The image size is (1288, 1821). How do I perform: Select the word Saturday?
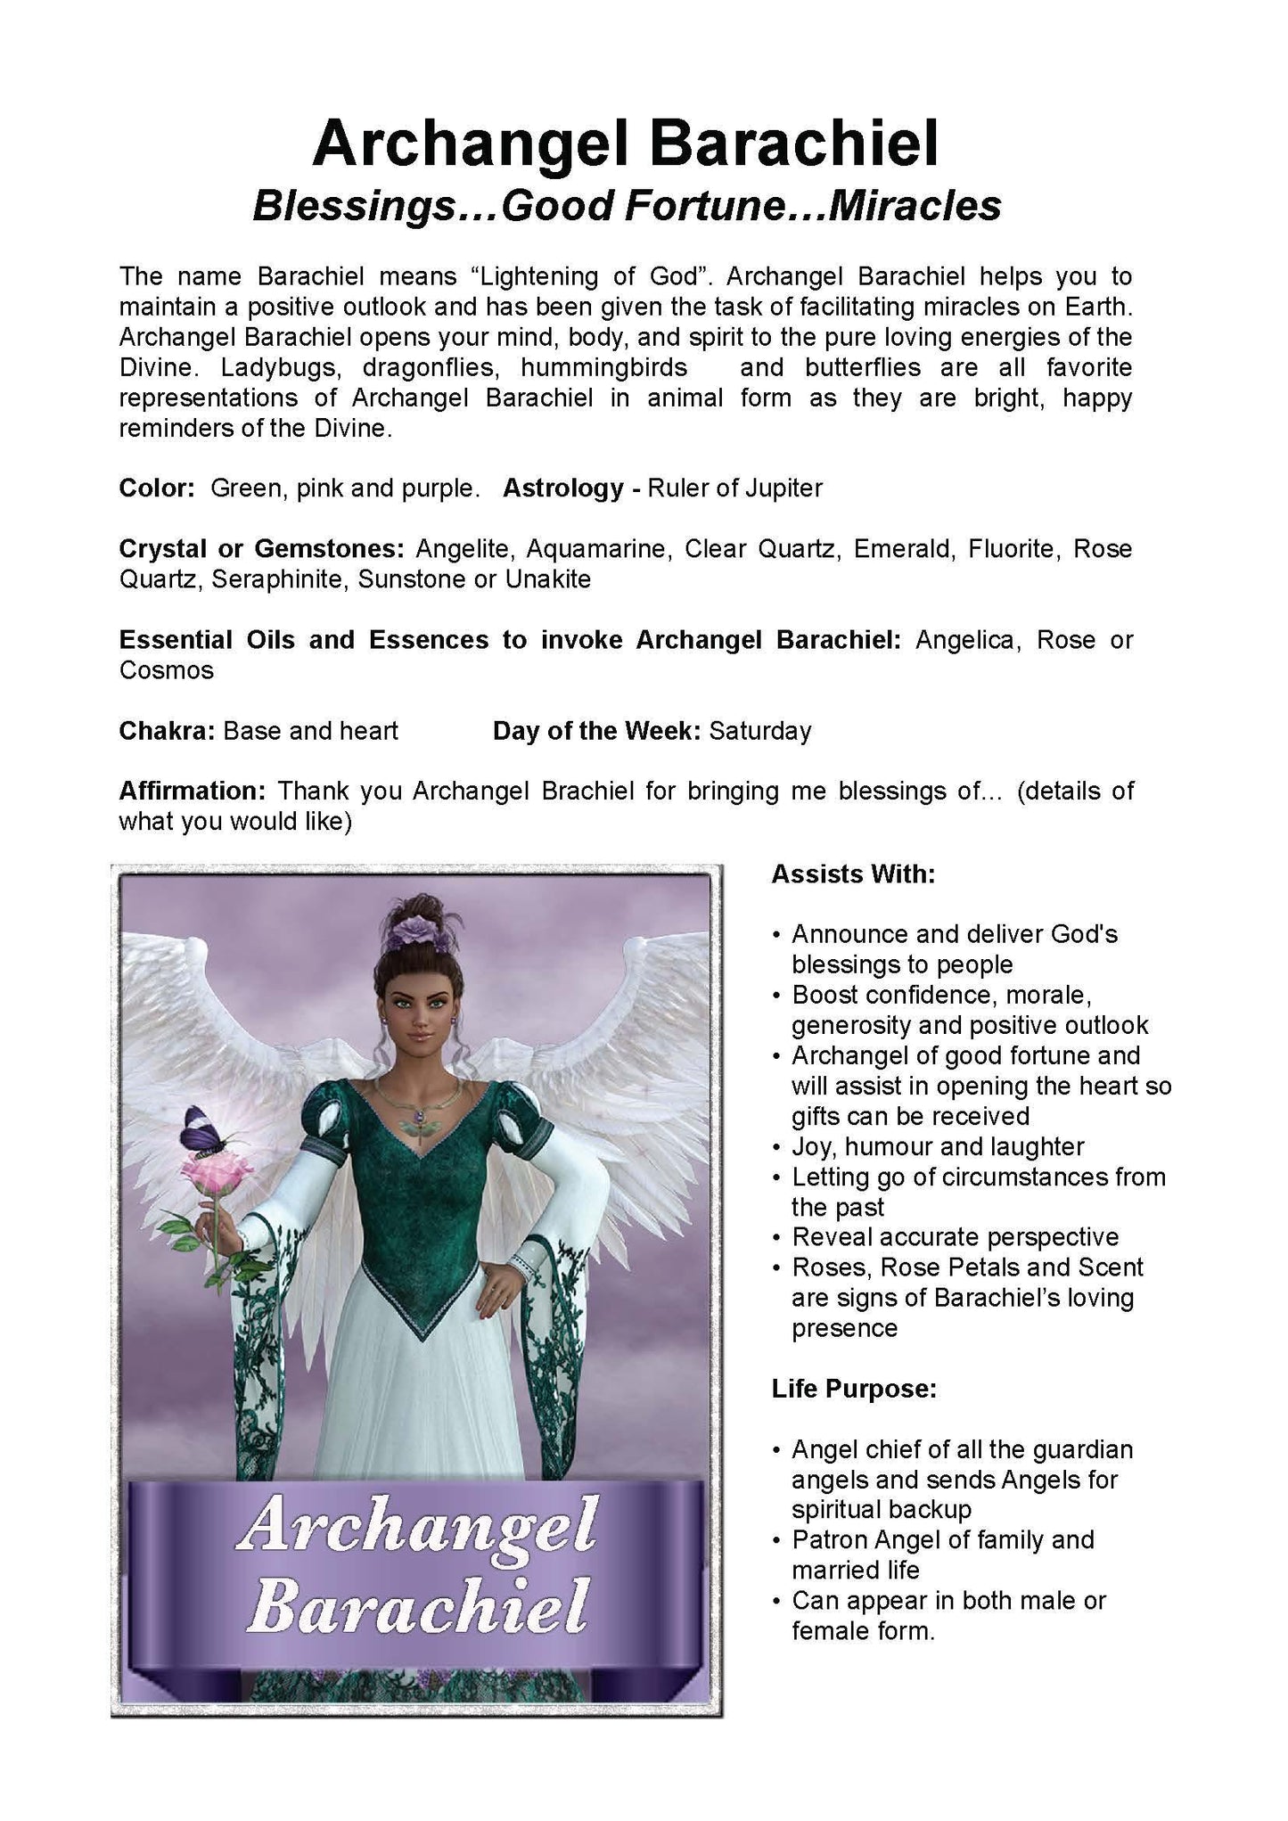point(760,731)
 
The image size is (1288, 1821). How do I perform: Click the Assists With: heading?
point(853,874)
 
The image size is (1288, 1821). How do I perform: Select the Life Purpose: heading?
point(854,1390)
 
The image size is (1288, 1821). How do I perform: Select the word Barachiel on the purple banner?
point(418,1605)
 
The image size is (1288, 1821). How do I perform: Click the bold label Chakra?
point(168,731)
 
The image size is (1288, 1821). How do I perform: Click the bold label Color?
point(157,488)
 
